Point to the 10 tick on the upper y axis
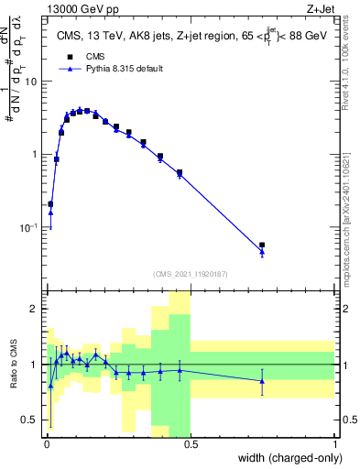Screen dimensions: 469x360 coord(33,82)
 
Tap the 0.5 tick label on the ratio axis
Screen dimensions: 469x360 coord(33,420)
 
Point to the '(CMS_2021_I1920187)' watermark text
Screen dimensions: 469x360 coord(190,274)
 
